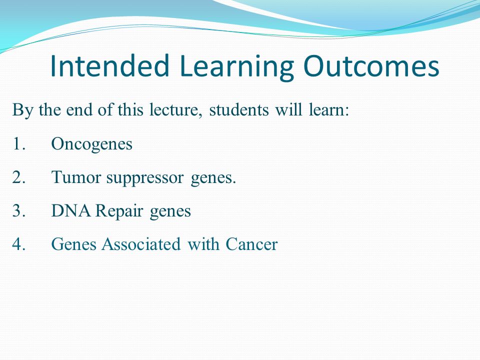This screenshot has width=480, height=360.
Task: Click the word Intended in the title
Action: pyautogui.click(x=110, y=66)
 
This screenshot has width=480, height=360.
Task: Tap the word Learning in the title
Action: pyautogui.click(x=236, y=68)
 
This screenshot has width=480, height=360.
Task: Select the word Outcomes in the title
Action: pyautogui.click(x=371, y=66)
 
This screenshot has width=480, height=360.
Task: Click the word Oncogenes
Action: pyautogui.click(x=92, y=144)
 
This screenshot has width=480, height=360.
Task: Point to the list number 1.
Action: pyautogui.click(x=18, y=143)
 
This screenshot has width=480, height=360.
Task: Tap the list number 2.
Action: pyautogui.click(x=18, y=176)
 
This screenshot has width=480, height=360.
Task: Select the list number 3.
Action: pyautogui.click(x=18, y=210)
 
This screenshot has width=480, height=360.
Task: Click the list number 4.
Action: pyautogui.click(x=18, y=244)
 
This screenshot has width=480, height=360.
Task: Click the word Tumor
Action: pyautogui.click(x=76, y=177)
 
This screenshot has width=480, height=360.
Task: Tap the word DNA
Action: pyautogui.click(x=70, y=210)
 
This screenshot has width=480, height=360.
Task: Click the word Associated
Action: pyautogui.click(x=141, y=244)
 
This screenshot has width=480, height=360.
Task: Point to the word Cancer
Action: pyautogui.click(x=251, y=244)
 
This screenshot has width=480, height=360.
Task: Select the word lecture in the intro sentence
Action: pyautogui.click(x=174, y=109)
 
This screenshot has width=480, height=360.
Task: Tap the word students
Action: pyautogui.click(x=239, y=109)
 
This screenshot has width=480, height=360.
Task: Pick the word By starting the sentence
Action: pyautogui.click(x=22, y=110)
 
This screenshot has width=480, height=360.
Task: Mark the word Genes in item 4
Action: pyautogui.click(x=74, y=245)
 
